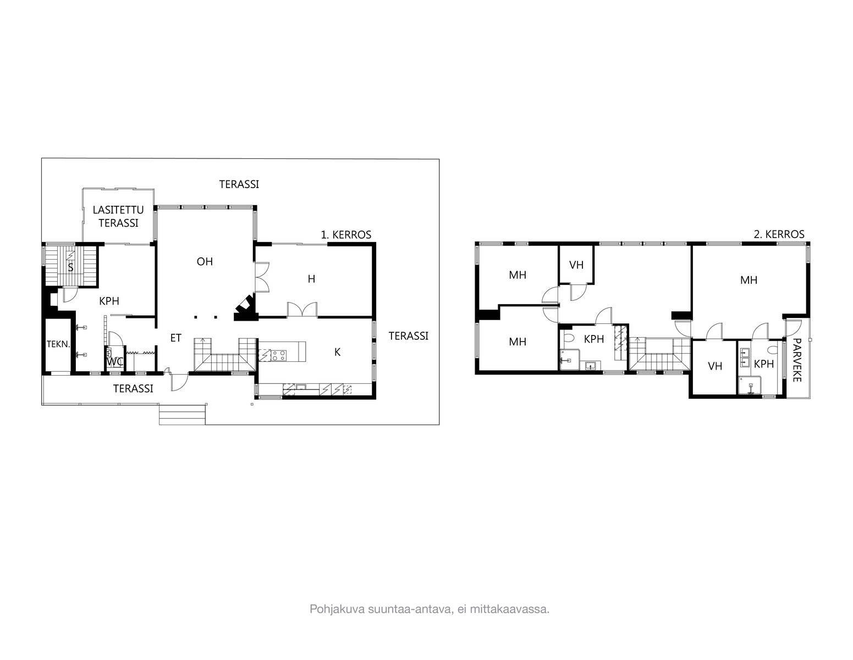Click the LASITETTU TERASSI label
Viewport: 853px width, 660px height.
click(118, 216)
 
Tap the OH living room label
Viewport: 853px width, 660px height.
click(205, 261)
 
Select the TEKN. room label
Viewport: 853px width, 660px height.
click(58, 344)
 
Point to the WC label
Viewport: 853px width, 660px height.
click(114, 362)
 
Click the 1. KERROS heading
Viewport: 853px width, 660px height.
click(346, 235)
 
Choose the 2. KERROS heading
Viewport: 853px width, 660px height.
click(779, 234)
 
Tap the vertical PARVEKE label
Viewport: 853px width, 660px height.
click(797, 360)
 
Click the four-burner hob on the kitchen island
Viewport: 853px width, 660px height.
click(279, 355)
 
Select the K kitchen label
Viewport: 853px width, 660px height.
click(337, 353)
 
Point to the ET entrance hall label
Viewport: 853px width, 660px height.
click(175, 338)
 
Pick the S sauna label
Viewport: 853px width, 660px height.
click(70, 268)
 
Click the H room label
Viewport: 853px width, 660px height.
click(311, 279)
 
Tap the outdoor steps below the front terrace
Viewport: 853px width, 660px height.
click(182, 414)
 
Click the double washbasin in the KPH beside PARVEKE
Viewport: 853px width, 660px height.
click(745, 358)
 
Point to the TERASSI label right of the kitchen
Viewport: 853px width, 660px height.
click(408, 336)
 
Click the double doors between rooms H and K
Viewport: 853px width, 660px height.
click(302, 310)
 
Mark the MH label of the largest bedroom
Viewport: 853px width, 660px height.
click(749, 280)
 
